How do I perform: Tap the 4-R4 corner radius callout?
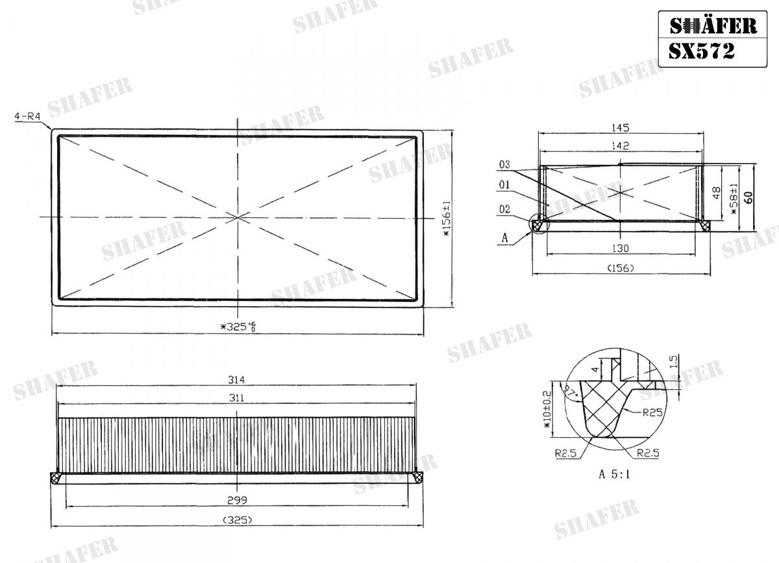click(x=27, y=117)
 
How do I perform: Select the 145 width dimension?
click(x=621, y=128)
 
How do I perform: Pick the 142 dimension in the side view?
click(x=621, y=147)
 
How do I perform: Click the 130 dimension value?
click(x=621, y=248)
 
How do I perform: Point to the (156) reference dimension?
click(x=621, y=268)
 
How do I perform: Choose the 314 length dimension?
click(x=236, y=380)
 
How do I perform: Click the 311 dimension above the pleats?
click(x=236, y=398)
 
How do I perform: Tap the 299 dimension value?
click(x=236, y=500)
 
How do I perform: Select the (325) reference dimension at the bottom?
click(x=236, y=520)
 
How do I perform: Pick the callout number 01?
click(x=506, y=186)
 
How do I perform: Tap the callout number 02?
click(x=506, y=209)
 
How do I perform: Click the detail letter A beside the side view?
click(x=504, y=238)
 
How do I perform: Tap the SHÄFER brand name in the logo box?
click(x=713, y=26)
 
